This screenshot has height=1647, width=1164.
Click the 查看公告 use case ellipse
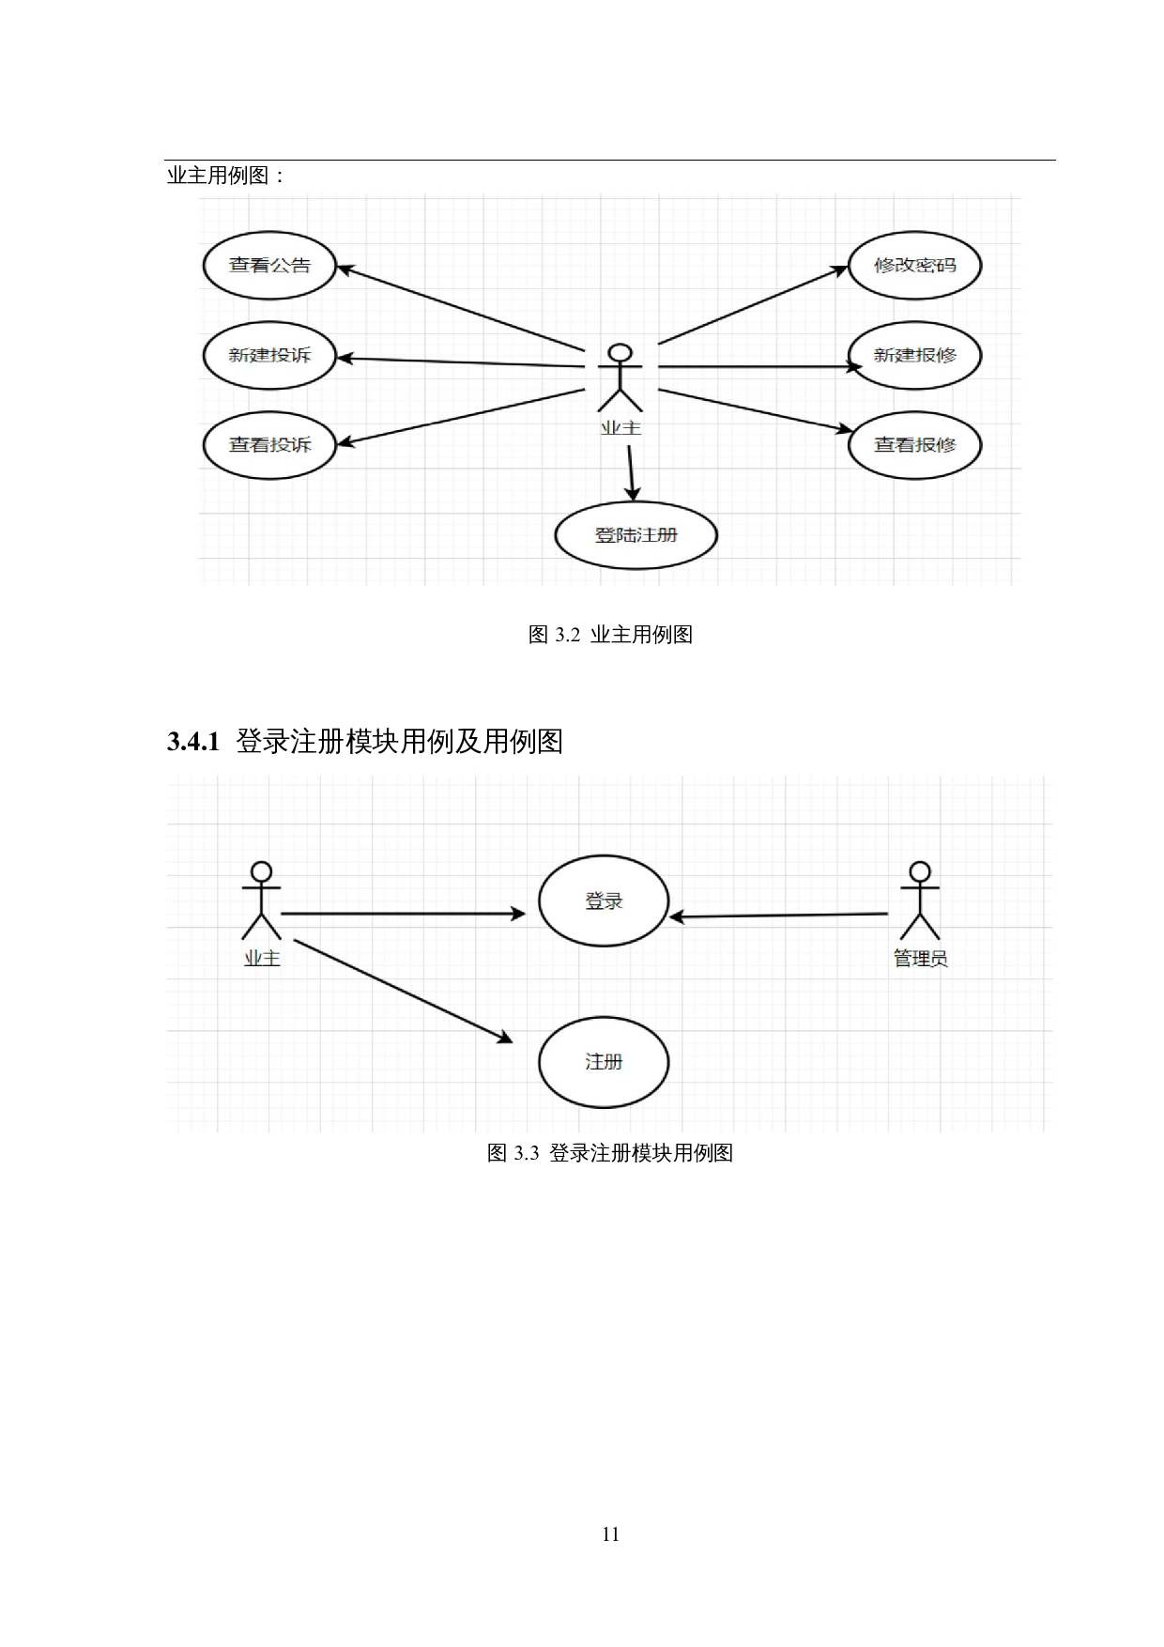point(269,266)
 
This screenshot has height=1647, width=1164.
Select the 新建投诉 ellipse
point(269,356)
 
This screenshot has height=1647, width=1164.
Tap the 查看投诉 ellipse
point(269,445)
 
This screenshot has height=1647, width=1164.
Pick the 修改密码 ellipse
point(914,266)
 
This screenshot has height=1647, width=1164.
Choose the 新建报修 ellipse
point(914,356)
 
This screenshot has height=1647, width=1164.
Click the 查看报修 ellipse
point(914,445)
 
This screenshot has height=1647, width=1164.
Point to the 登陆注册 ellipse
point(636,535)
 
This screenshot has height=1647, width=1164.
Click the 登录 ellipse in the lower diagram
point(604,901)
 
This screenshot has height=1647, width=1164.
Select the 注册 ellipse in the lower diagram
point(604,1062)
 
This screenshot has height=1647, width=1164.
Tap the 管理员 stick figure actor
point(920,901)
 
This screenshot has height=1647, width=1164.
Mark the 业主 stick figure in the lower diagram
point(261,901)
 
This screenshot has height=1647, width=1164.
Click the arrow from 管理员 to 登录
point(779,916)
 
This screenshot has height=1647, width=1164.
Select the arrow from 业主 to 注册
point(404,990)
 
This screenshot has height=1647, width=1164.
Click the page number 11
point(610,1534)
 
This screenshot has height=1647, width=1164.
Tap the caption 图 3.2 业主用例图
point(610,636)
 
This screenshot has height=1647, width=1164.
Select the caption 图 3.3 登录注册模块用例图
point(610,1153)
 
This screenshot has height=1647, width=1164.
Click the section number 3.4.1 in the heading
point(193,743)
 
